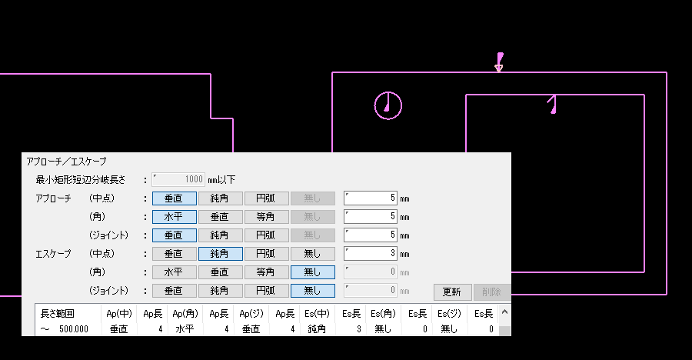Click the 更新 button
[452, 292]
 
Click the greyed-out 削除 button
[491, 292]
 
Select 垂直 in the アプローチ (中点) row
[175, 198]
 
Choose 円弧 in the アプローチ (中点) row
[267, 198]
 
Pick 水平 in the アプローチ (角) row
[175, 217]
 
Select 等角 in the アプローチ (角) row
[267, 217]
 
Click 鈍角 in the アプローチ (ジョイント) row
[220, 235]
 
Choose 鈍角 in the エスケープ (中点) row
[220, 254]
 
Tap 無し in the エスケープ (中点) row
[312, 254]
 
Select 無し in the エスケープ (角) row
[312, 272]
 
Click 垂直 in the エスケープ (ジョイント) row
[175, 291]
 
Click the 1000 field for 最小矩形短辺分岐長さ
[178, 179]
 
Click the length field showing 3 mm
[371, 254]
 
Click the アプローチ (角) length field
[371, 216]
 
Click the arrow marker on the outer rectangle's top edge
[499, 62]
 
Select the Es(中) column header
[317, 314]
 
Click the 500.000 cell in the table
[73, 329]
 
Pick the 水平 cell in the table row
[185, 329]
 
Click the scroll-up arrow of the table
[505, 312]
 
